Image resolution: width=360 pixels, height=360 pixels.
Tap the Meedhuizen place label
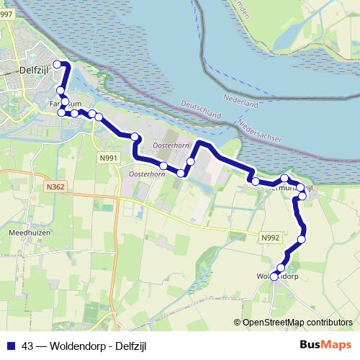click(28, 234)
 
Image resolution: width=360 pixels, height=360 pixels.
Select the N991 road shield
click(109, 158)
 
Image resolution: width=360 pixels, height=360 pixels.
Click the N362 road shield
click(54, 187)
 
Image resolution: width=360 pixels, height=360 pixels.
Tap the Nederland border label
click(240, 101)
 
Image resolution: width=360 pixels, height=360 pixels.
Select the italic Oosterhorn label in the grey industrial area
click(171, 146)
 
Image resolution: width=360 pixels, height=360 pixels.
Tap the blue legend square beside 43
click(10, 345)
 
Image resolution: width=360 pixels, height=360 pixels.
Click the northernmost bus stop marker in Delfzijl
click(58, 65)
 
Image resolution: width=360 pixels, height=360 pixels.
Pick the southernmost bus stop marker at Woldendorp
click(274, 276)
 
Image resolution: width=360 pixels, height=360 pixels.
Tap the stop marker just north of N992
click(302, 239)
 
